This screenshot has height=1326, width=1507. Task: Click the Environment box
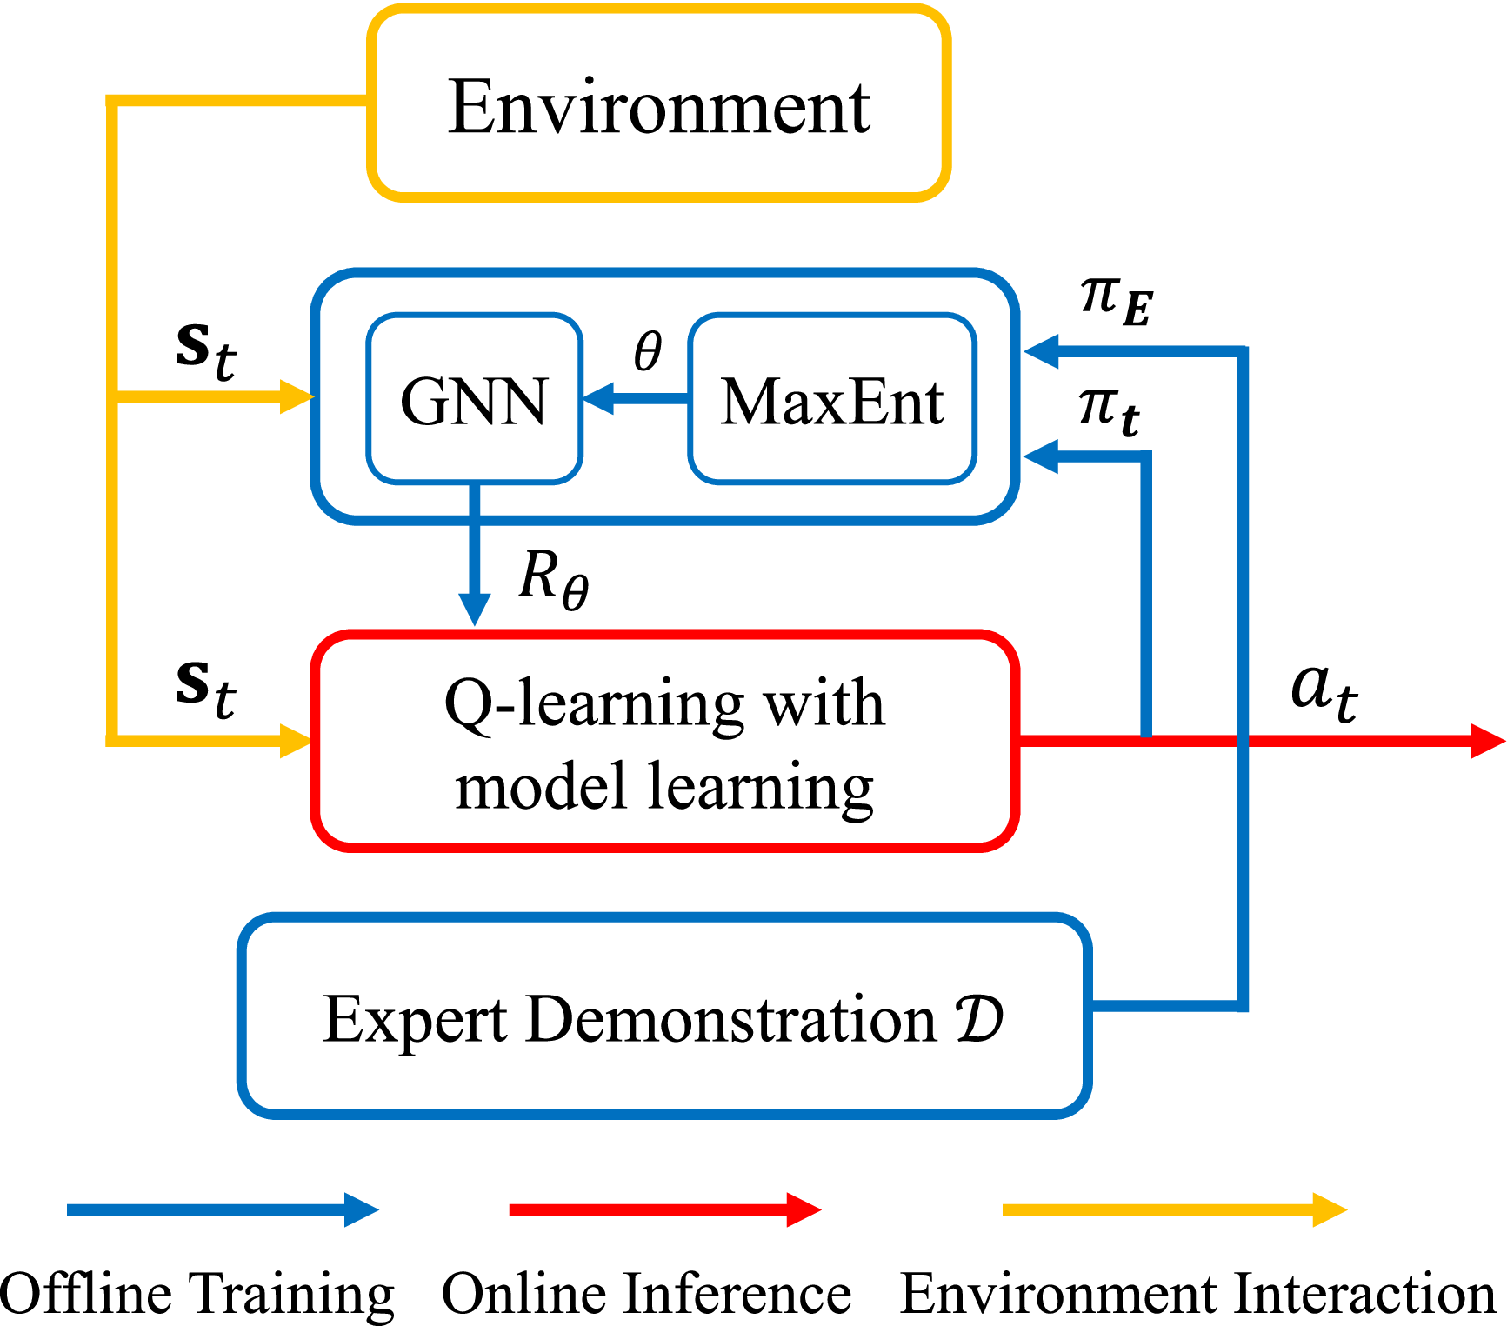tap(658, 104)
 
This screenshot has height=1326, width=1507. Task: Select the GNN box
tap(474, 399)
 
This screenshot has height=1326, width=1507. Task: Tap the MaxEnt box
tap(832, 399)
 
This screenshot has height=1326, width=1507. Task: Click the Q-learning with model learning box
tap(664, 742)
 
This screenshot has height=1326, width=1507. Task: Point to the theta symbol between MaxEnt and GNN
tap(648, 351)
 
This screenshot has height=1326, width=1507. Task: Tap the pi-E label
tap(1116, 299)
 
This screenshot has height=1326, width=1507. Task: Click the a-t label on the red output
tap(1324, 690)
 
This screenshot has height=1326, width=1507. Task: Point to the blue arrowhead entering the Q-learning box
tap(474, 609)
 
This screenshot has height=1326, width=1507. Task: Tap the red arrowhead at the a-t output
tap(1487, 741)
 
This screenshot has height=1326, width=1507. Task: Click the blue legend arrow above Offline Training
tap(223, 1209)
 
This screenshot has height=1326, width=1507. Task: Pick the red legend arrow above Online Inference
tap(664, 1209)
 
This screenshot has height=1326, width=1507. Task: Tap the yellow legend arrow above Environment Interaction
tap(1174, 1209)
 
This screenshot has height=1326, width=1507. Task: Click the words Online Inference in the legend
tap(646, 1294)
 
